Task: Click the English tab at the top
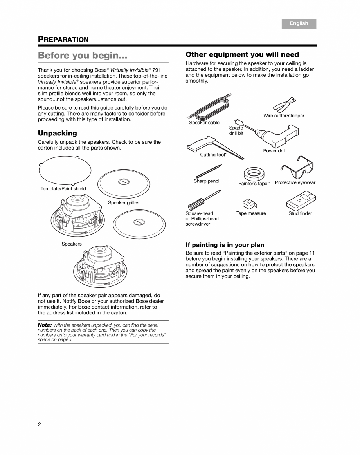tap(299, 23)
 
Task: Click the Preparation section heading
tap(63, 39)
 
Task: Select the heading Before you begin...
tap(83, 56)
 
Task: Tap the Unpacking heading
tap(57, 133)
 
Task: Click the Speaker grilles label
tap(123, 203)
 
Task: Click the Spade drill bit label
tap(236, 130)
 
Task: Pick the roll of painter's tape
tap(253, 173)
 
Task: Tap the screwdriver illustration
tap(203, 200)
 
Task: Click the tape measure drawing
tap(249, 203)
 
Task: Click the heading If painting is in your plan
tap(225, 245)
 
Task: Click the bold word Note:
tap(45, 325)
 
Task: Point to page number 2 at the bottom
tap(39, 425)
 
